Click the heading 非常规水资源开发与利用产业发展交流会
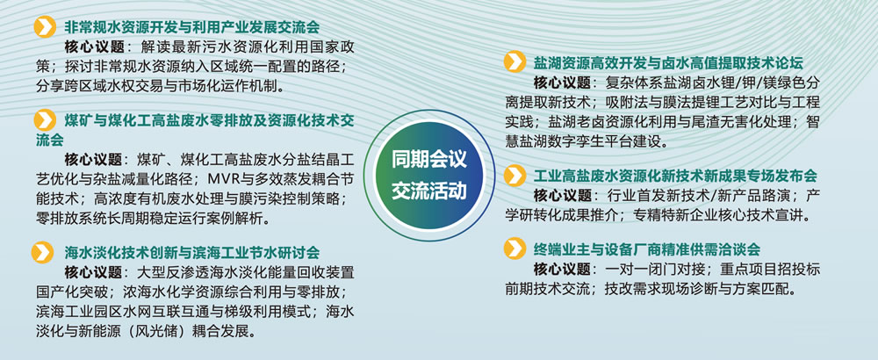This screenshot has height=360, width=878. click(191, 27)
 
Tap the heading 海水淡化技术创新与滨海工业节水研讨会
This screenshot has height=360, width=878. click(191, 253)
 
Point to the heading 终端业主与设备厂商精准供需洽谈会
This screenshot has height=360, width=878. click(647, 248)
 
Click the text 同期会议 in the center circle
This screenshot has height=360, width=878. click(429, 162)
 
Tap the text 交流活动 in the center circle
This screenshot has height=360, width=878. click(429, 191)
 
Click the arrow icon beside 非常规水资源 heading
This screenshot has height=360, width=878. click(45, 27)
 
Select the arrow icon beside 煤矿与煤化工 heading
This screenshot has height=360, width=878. click(45, 120)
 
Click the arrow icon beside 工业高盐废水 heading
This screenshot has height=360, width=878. click(515, 176)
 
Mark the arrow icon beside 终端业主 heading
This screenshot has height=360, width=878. click(515, 248)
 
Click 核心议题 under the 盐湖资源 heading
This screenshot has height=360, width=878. click(562, 83)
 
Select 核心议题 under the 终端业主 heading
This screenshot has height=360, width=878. click(562, 270)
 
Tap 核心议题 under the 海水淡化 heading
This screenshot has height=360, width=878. click(94, 273)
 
